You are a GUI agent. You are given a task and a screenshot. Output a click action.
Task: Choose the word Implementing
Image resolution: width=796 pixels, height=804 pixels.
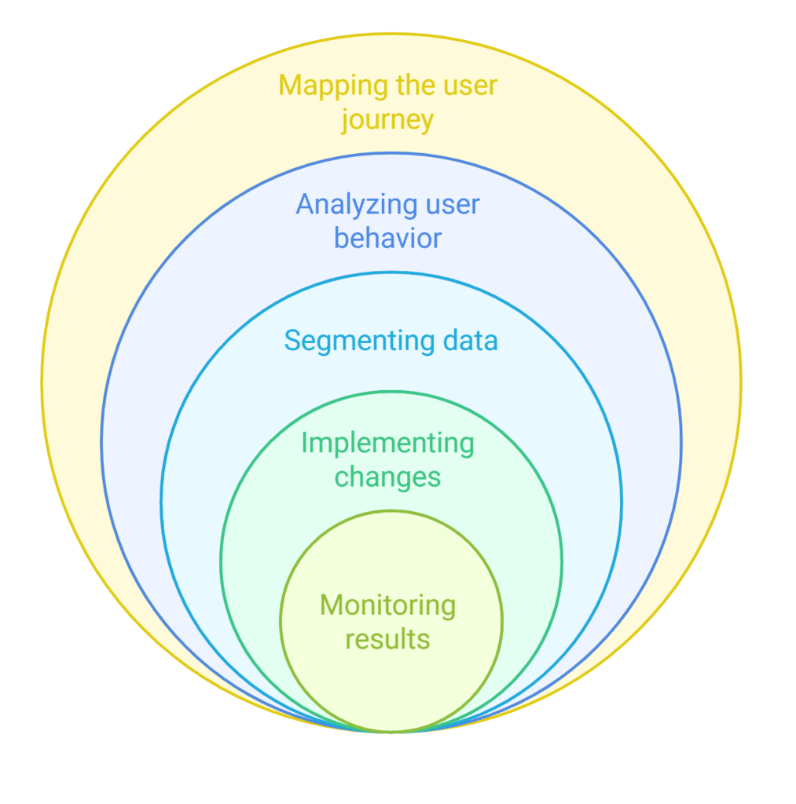tap(387, 444)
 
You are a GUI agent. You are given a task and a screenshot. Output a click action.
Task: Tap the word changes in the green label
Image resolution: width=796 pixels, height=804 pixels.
tap(387, 477)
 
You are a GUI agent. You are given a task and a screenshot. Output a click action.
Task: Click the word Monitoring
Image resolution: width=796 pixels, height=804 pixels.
tap(387, 605)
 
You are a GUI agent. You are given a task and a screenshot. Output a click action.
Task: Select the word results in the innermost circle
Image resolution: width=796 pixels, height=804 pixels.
tap(387, 638)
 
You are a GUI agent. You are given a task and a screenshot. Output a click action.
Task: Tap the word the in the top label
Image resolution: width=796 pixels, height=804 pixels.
tap(409, 86)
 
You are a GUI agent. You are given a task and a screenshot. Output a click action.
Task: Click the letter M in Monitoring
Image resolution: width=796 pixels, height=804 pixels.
tap(330, 605)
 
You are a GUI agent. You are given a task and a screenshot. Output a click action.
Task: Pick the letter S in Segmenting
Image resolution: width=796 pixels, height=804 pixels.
tap(292, 342)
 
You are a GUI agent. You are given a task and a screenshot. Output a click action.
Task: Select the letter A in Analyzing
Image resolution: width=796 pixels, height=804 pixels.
tap(304, 206)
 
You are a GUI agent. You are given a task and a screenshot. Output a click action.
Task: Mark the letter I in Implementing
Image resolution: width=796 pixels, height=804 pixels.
tap(305, 444)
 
